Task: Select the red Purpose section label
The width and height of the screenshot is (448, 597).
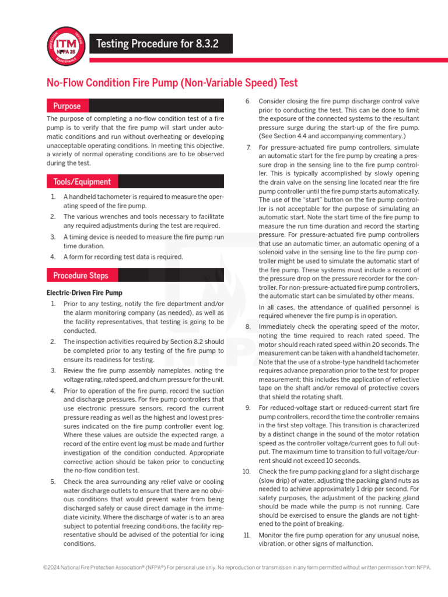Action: coord(67,106)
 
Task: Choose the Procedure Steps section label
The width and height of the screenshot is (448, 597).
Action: coord(80,275)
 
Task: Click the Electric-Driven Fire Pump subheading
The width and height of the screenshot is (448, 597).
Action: coord(84,293)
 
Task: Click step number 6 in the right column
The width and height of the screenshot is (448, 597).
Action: coord(247,101)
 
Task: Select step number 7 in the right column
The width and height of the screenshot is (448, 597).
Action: coord(248,148)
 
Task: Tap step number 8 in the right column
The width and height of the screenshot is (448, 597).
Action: coord(247,326)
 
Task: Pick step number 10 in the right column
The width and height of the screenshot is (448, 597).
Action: coord(246,471)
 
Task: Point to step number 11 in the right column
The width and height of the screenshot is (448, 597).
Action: coord(246,534)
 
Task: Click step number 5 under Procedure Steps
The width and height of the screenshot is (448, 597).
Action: coord(52,482)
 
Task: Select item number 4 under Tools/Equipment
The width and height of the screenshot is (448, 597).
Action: coord(52,257)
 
